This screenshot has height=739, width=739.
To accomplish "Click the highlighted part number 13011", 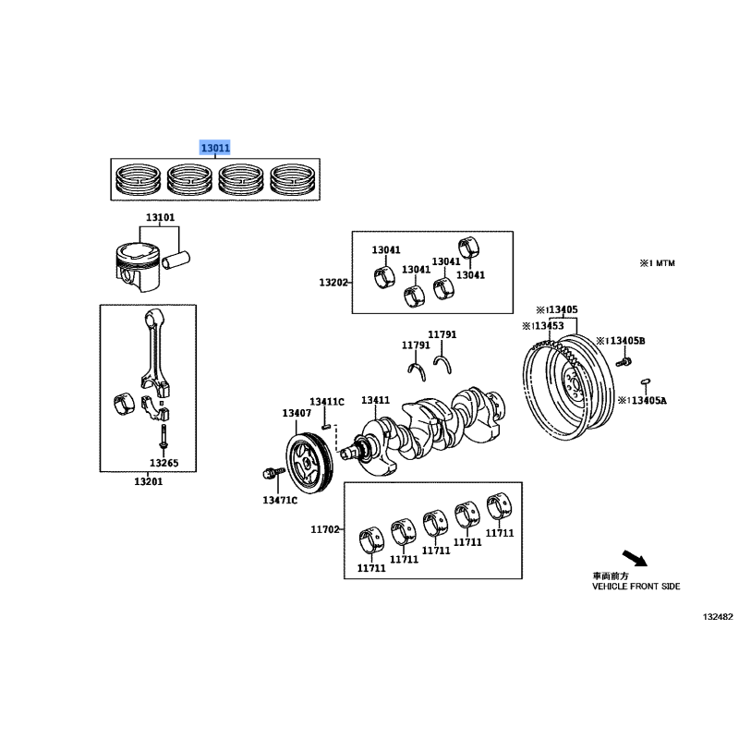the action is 215,148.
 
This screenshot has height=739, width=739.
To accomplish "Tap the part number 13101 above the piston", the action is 160,217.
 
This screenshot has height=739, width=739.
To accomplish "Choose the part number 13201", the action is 149,481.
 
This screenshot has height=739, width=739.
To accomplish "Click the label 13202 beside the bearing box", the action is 333,283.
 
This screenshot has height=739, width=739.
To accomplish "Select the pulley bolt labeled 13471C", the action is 273,473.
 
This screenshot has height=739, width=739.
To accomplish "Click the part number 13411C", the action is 327,402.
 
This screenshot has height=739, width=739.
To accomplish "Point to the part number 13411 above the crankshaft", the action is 376,400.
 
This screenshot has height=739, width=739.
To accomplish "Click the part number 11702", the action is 325,529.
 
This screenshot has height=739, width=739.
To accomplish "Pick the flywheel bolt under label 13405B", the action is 624,362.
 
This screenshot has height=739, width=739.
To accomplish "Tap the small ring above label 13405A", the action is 646,381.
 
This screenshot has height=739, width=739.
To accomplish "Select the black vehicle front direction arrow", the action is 635,558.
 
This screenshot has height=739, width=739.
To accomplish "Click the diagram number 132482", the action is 718,616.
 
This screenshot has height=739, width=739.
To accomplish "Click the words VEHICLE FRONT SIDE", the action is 636,587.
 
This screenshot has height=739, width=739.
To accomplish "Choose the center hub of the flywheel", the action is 572,381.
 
